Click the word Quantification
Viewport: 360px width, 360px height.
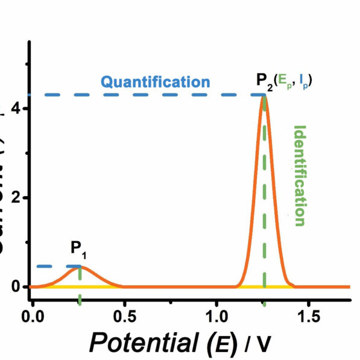tap(156, 81)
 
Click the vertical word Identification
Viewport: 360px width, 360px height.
tap(299, 175)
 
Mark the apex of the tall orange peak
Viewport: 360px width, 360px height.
tap(264, 96)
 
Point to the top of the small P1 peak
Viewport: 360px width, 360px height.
tap(80, 267)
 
